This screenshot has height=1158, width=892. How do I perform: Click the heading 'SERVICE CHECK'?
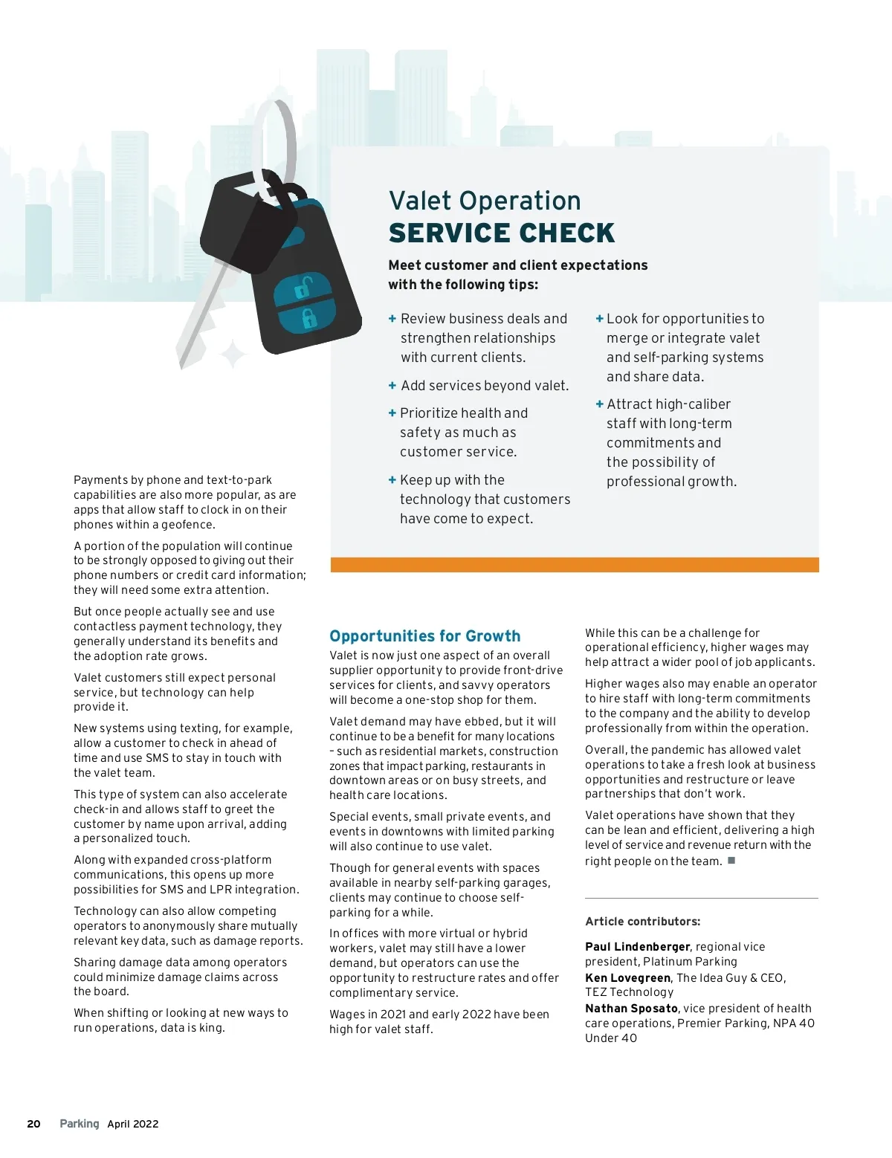point(502,233)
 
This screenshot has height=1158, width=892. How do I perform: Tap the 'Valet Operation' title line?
point(485,201)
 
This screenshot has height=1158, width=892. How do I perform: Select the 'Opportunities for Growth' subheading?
point(424,636)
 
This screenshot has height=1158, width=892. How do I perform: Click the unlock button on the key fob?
point(303,288)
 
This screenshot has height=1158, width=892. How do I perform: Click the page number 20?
point(33,1124)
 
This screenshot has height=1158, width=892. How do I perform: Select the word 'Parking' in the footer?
point(80,1124)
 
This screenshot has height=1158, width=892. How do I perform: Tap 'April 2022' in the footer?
point(133,1124)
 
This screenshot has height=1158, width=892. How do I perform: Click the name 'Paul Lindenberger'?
point(638,947)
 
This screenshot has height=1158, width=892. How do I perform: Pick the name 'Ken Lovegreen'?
point(627,978)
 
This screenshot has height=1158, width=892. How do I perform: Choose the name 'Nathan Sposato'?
point(631,1009)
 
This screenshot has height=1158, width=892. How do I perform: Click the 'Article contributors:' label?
point(642,922)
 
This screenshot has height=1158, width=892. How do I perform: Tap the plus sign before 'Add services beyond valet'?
point(392,386)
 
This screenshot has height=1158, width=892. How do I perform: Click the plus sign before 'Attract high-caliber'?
point(599,404)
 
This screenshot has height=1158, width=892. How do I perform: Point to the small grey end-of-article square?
point(731,861)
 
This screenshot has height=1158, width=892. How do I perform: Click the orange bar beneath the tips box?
point(575,565)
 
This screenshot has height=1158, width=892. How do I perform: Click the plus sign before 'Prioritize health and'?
point(392,413)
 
